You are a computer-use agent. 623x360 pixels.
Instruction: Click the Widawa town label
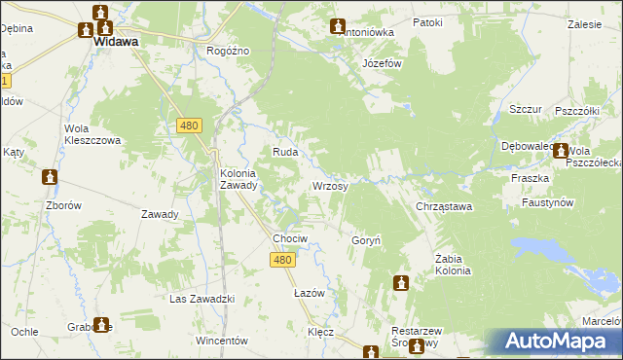pyautogui.click(x=115, y=43)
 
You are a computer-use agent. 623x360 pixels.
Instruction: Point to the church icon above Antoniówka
pyautogui.click(x=338, y=26)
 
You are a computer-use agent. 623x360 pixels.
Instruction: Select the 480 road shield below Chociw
pyautogui.click(x=282, y=259)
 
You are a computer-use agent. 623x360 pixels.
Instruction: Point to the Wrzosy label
pyautogui.click(x=329, y=185)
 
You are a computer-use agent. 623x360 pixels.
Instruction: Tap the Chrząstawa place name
pyautogui.click(x=444, y=206)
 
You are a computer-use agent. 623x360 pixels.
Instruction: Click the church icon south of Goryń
pyautogui.click(x=400, y=283)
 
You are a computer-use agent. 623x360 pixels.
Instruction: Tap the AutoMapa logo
pyautogui.click(x=554, y=342)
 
